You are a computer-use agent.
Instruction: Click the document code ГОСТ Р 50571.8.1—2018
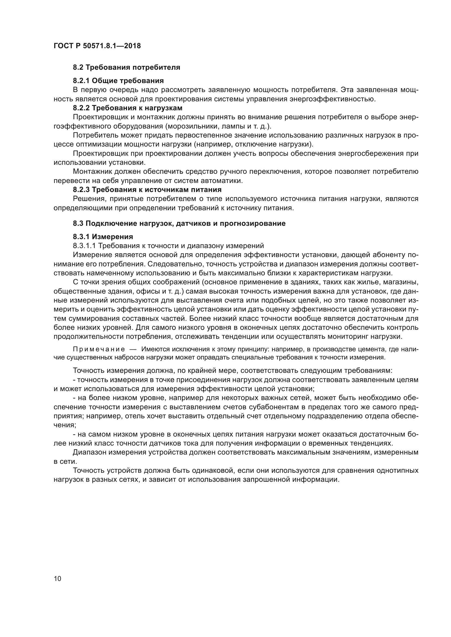pyautogui.click(x=97, y=46)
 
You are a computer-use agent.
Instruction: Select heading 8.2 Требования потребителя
pyautogui.click(x=126, y=68)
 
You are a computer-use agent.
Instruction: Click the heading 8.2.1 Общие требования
pyautogui.click(x=118, y=81)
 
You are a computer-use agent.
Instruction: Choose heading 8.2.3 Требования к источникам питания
pyautogui.click(x=147, y=190)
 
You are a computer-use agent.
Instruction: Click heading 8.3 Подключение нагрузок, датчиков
pyautogui.click(x=179, y=223)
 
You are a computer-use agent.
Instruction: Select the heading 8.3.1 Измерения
pyautogui.click(x=103, y=237)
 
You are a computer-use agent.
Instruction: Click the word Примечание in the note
pyautogui.click(x=99, y=349)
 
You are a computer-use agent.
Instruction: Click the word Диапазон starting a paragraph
pyautogui.click(x=89, y=453)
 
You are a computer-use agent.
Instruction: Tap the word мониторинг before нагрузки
pyautogui.click(x=351, y=337)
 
